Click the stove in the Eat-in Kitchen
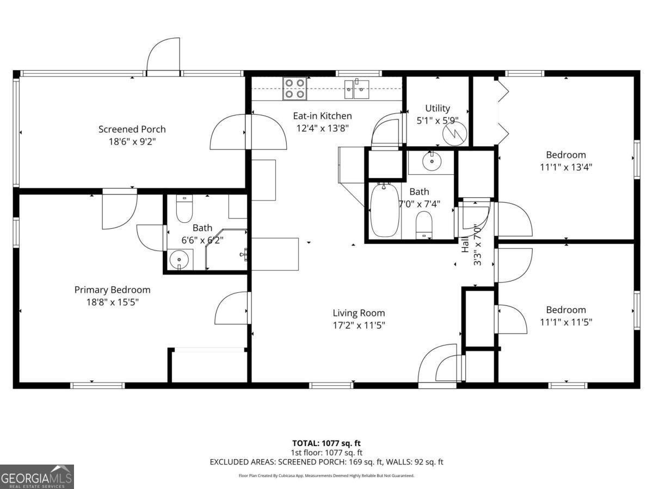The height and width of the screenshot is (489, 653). coord(294,89)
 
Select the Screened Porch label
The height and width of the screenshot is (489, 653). coord(132,129)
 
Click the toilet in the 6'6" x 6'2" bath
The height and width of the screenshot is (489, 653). coord(184,206)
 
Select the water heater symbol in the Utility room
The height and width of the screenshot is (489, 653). coord(454,134)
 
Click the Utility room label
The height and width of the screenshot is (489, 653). coord(438,108)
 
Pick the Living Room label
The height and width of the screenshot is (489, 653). coord(359,313)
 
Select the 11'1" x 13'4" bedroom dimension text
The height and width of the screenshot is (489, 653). coord(566,167)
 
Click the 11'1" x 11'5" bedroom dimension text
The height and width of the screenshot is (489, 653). coord(566,322)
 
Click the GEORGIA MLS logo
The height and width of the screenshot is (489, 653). coord(36,477)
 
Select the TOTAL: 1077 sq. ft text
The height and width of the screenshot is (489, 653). coord(326,443)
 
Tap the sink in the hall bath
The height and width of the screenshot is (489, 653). coord(432,161)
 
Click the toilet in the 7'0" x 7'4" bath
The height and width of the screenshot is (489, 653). coord(424,225)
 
